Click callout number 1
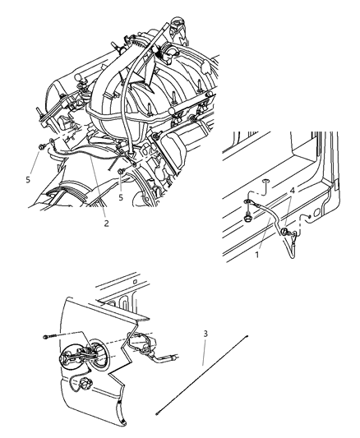pyautogui.click(x=257, y=255)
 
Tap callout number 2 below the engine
pyautogui.click(x=106, y=224)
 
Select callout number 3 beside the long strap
pyautogui.click(x=205, y=334)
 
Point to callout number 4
pyautogui.click(x=292, y=191)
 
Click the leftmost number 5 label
pyautogui.click(x=28, y=180)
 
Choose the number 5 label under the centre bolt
pyautogui.click(x=121, y=197)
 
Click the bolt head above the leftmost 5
pyautogui.click(x=42, y=146)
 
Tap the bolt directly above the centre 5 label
pyautogui.click(x=121, y=172)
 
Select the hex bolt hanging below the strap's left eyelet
pyautogui.click(x=247, y=218)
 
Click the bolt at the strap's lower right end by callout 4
pyautogui.click(x=284, y=231)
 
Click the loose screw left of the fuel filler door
pyautogui.click(x=50, y=337)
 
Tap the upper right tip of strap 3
pyautogui.click(x=247, y=337)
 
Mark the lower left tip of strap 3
pyautogui.click(x=158, y=413)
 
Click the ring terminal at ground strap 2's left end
pyautogui.click(x=52, y=141)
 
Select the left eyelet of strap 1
pyautogui.click(x=247, y=201)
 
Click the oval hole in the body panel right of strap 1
pyautogui.click(x=316, y=213)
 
